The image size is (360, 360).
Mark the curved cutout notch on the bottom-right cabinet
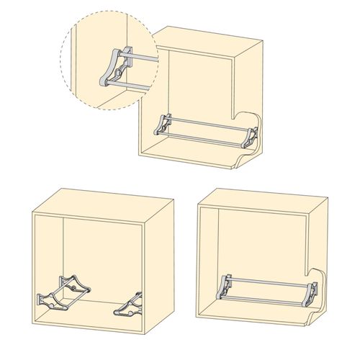tap(311, 275)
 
